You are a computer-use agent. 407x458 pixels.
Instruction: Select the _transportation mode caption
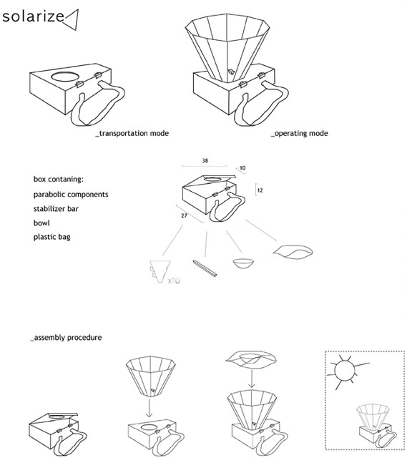pyautogui.click(x=132, y=134)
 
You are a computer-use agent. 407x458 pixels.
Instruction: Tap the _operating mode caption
pyautogui.click(x=299, y=134)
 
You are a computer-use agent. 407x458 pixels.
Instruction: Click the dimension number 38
pyautogui.click(x=206, y=160)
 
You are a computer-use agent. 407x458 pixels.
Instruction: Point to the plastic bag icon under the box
pyautogui.click(x=293, y=251)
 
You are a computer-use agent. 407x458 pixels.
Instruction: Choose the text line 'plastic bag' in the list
pyautogui.click(x=52, y=238)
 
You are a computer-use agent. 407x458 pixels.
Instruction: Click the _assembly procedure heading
pyautogui.click(x=65, y=336)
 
